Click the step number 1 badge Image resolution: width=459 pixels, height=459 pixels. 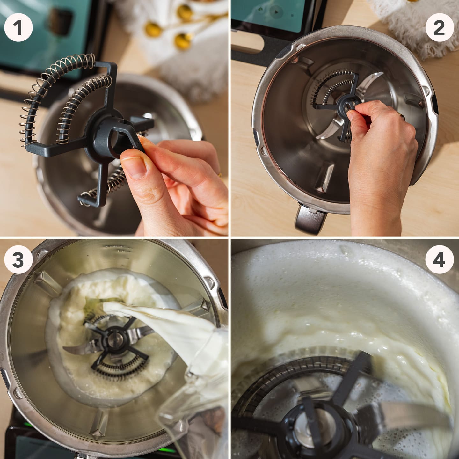18,28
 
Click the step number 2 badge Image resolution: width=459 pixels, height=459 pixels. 439,28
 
